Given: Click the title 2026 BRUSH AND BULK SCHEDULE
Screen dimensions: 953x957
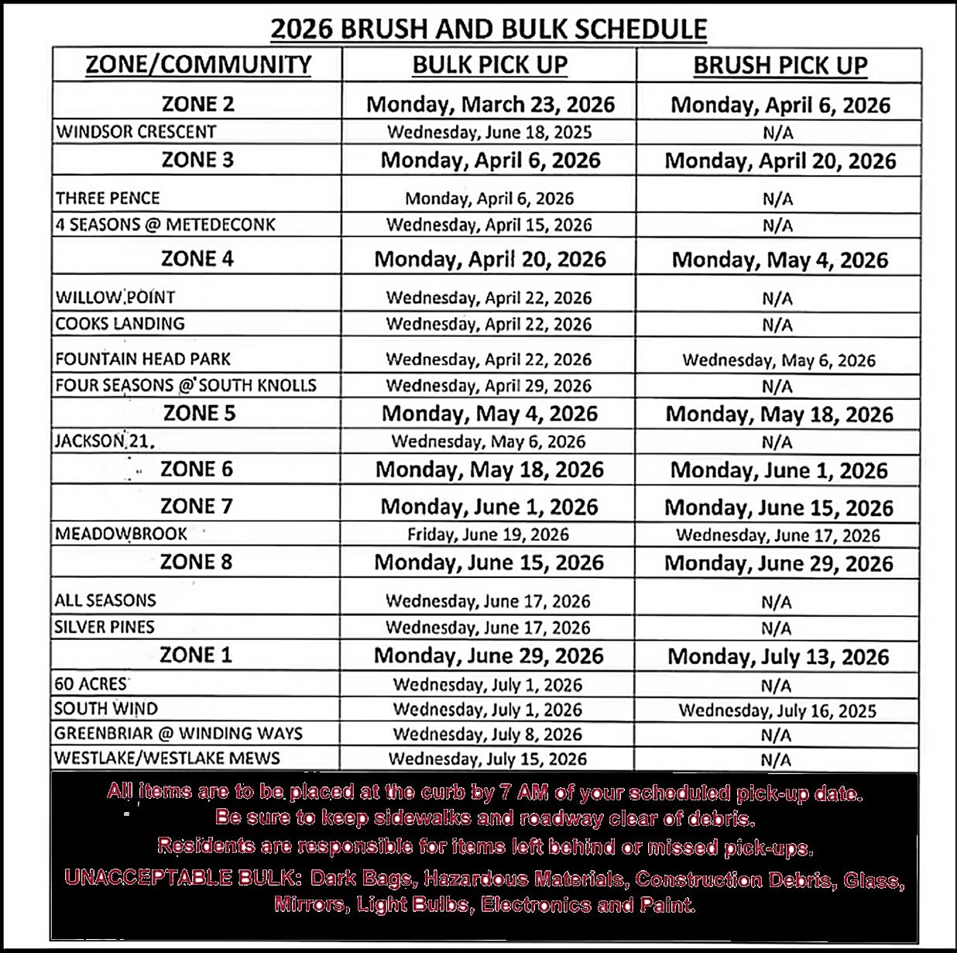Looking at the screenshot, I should (488, 29).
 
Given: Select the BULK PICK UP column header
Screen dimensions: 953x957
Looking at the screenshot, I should (489, 65).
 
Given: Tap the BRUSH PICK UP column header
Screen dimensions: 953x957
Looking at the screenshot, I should (780, 66).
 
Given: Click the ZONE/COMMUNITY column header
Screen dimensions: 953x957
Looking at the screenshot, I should (198, 64).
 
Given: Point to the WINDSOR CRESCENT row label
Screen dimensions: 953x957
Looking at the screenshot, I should (135, 132).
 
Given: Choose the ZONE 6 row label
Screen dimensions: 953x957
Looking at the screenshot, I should (197, 470).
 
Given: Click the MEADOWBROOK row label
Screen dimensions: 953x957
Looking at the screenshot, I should (121, 534).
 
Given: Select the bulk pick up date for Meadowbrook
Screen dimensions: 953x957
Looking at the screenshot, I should (488, 535).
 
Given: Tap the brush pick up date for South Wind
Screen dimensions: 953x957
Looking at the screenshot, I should (777, 710).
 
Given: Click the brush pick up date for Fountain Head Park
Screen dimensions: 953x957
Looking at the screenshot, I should (778, 360).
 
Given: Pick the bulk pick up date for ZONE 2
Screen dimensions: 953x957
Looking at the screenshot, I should (490, 104).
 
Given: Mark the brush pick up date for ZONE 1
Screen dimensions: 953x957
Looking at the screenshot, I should (778, 657).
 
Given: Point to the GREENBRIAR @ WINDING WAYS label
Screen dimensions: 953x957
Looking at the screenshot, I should (178, 733).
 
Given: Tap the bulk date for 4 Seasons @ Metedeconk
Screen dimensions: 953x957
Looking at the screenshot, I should (489, 225).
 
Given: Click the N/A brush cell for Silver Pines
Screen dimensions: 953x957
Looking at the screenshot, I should (777, 628).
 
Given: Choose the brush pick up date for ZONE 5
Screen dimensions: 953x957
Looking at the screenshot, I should (779, 415).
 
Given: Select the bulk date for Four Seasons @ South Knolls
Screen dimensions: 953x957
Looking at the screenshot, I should (489, 386).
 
